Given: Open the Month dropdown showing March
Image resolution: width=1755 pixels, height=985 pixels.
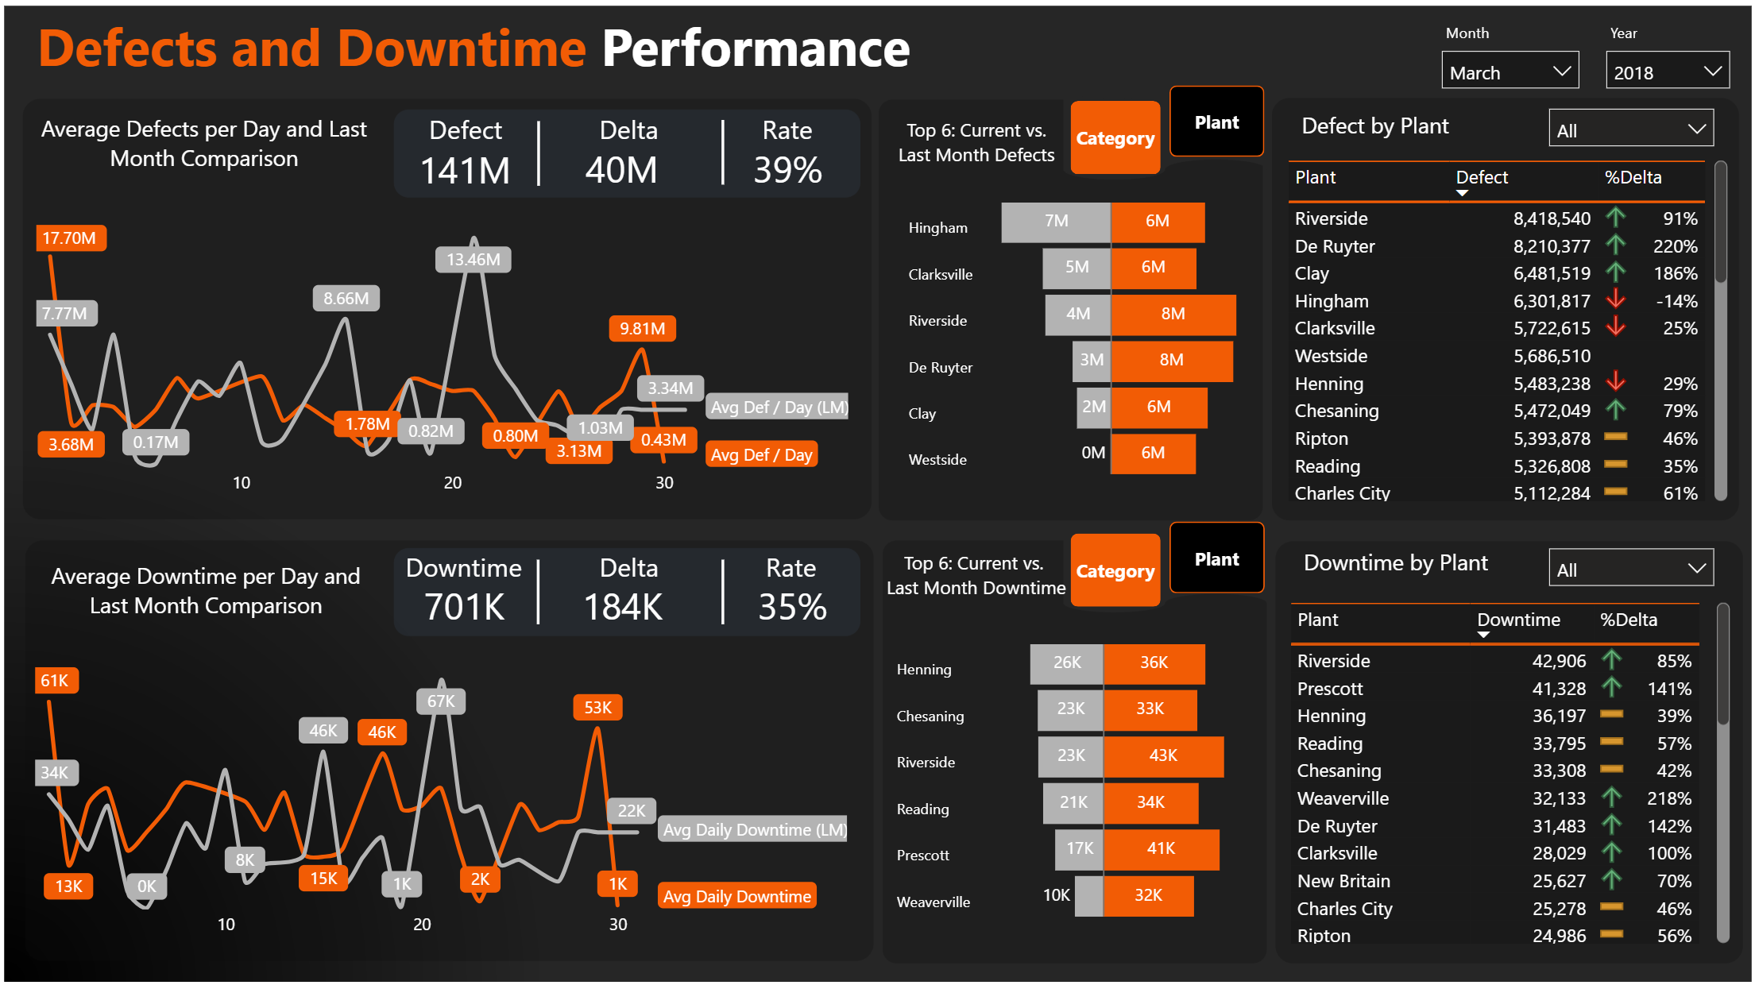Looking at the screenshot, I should (1509, 71).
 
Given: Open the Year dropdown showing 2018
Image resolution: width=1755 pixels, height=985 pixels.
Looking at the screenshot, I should (1666, 71).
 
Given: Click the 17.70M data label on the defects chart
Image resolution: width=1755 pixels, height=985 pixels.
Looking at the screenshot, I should (70, 238).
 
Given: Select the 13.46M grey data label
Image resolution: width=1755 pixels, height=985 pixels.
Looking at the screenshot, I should (473, 260).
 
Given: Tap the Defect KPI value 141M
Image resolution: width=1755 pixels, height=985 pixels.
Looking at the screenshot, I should (465, 171).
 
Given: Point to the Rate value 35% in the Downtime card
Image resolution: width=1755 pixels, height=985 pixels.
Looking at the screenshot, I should (791, 608).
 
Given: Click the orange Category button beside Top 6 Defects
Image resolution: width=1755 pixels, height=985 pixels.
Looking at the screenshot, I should (1115, 138).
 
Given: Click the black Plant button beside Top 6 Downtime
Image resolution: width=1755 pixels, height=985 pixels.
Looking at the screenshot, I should (1216, 558).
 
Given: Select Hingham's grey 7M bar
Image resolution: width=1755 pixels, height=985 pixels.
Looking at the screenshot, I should (1055, 222).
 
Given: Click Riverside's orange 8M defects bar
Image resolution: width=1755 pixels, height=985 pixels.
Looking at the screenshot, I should (1173, 314).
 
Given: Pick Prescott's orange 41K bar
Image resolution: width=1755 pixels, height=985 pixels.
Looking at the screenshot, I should (1161, 848).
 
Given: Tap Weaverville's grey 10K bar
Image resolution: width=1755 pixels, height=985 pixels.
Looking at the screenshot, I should (1088, 896).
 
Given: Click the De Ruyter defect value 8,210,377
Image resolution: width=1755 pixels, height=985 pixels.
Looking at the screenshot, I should (1551, 246).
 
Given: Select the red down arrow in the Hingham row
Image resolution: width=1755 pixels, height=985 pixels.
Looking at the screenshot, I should (1615, 299).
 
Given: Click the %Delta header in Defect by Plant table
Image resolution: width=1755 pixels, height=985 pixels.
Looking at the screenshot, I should (1632, 177).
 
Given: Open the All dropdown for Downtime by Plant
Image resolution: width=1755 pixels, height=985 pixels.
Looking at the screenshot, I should (1630, 569).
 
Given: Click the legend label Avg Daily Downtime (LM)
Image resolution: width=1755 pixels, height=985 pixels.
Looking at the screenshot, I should (754, 829).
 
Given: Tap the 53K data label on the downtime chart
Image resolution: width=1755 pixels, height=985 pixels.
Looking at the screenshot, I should (597, 707).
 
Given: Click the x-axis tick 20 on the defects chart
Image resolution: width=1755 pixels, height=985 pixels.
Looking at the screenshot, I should (452, 482).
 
